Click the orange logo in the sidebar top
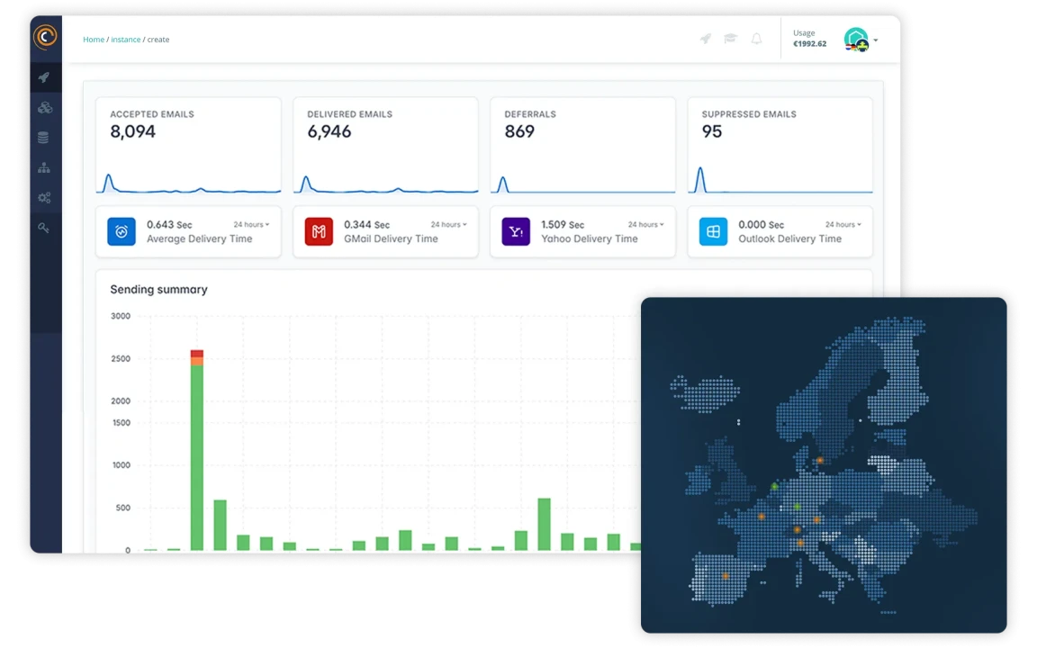pos(45,37)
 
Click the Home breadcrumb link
pos(94,40)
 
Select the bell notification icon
pos(756,39)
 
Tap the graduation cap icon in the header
pos(731,39)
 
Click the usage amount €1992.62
pos(809,44)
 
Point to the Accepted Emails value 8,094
pos(133,131)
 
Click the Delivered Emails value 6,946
pos(329,131)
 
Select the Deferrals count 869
pos(519,131)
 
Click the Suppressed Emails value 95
pos(712,131)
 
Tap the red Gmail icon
pos(319,231)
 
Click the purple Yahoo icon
pos(516,231)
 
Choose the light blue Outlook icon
pos(713,231)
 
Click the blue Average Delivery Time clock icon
pos(122,231)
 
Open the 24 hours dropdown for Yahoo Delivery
pos(646,224)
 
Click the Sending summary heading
pos(158,290)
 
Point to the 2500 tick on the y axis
pos(120,358)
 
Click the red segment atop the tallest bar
pos(197,354)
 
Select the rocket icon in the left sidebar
pos(44,77)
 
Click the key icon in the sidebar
pos(44,228)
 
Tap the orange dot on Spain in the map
pos(726,575)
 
